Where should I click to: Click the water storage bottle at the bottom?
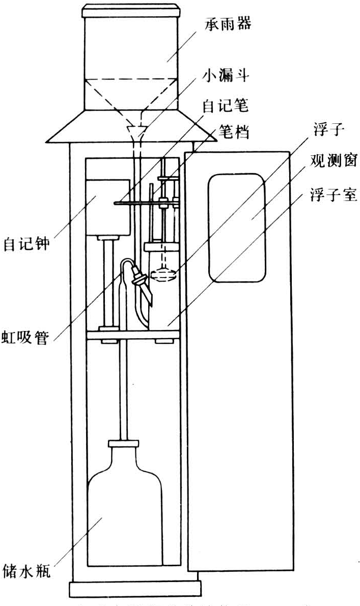tap(125, 504)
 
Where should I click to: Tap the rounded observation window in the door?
tap(236, 227)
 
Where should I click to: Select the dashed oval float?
tap(163, 274)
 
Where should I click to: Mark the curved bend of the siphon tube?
tap(127, 263)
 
